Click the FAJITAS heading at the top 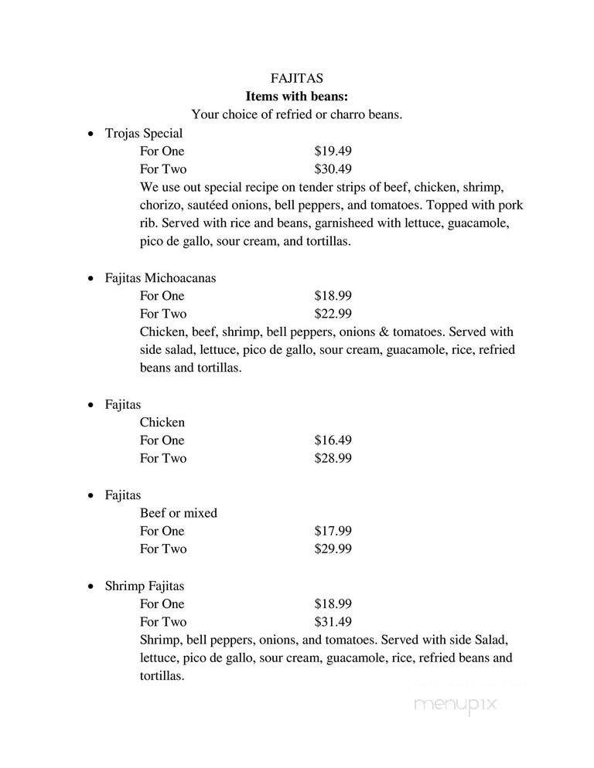[297, 78]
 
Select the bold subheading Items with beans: [297, 97]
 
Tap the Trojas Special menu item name [144, 133]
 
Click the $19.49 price [333, 151]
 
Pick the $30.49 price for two [333, 169]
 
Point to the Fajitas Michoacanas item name [160, 277]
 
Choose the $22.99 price [333, 314]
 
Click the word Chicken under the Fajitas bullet [162, 422]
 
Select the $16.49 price [333, 440]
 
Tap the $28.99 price [333, 458]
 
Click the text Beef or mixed [179, 513]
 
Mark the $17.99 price [333, 531]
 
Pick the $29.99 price [333, 549]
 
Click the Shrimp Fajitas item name [145, 586]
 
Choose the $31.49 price [333, 622]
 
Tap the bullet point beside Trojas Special [90, 134]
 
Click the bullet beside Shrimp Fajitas [90, 586]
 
